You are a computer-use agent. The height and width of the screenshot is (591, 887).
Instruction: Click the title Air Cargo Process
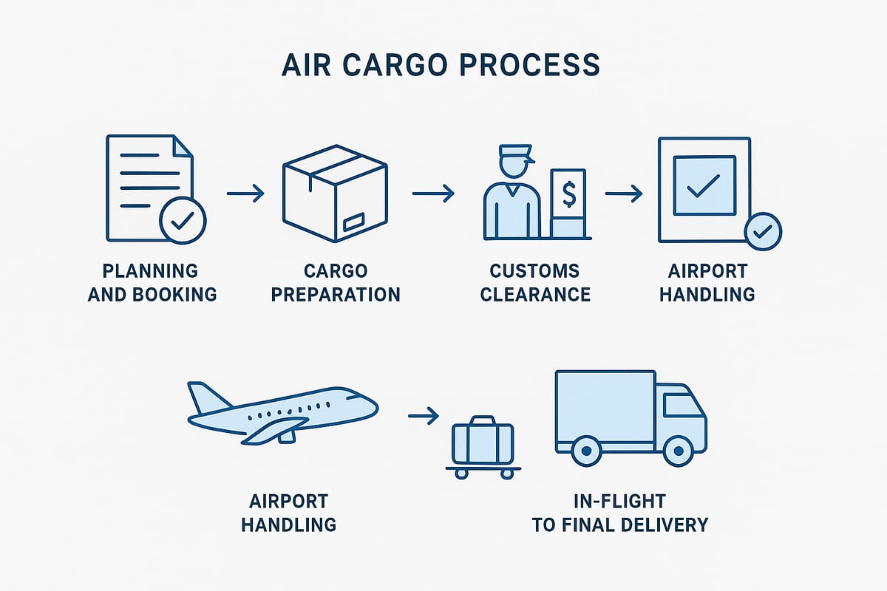tap(441, 65)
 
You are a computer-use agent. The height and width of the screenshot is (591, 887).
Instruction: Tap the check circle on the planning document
tap(183, 219)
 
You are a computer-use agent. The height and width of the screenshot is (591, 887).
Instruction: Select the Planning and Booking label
tap(152, 282)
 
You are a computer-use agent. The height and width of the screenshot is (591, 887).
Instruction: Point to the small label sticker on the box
tap(353, 221)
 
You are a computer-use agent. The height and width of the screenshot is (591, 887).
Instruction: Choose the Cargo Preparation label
tap(335, 282)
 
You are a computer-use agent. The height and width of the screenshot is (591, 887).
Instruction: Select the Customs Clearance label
tap(535, 282)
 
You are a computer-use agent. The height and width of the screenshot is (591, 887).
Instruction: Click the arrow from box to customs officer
tap(432, 194)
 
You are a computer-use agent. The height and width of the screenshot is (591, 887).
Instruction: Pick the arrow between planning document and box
tap(245, 194)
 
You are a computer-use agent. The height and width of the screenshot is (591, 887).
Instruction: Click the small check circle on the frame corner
tap(762, 232)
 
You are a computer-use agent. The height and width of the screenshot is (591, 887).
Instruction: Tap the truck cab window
tap(677, 405)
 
